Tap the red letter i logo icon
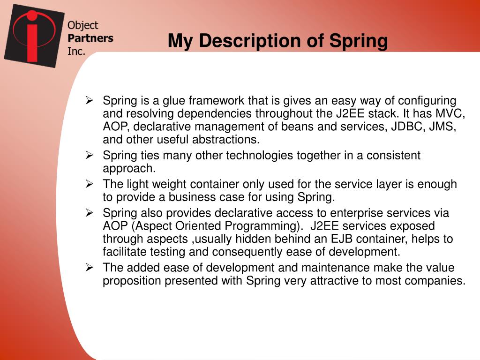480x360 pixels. (x=32, y=35)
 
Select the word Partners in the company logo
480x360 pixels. (x=90, y=38)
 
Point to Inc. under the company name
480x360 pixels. (x=76, y=51)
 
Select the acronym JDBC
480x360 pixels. (x=405, y=127)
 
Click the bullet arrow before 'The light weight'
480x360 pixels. (x=90, y=184)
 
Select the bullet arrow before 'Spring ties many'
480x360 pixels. (x=90, y=156)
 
